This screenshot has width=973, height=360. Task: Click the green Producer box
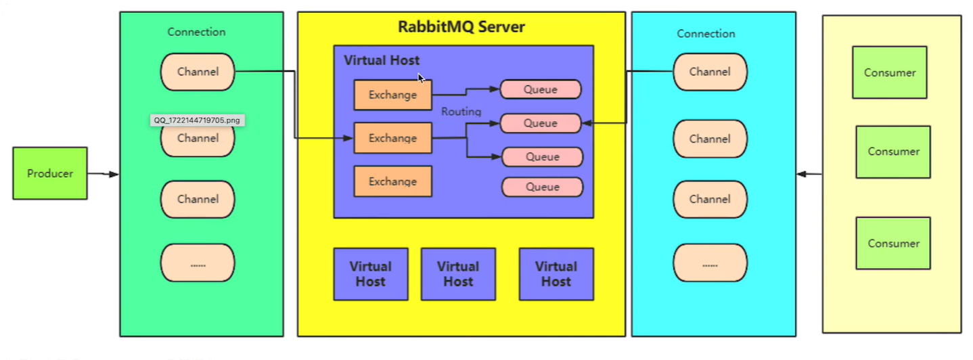click(50, 173)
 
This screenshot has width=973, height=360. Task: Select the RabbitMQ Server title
click(461, 28)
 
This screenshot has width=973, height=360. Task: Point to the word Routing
click(461, 112)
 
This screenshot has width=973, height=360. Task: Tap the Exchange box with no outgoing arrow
click(392, 181)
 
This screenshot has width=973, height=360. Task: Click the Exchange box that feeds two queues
click(392, 138)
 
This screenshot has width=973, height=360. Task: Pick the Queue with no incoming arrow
click(542, 187)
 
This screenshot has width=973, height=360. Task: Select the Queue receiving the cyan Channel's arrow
click(541, 123)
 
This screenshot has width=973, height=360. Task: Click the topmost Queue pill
click(541, 89)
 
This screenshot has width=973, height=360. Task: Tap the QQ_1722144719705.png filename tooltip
click(196, 120)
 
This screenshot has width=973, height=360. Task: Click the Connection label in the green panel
click(196, 32)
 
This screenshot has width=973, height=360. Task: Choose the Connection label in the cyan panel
click(706, 34)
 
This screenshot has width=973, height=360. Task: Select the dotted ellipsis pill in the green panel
click(198, 263)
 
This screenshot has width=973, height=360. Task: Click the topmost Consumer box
click(889, 72)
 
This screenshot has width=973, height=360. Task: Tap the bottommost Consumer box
click(893, 243)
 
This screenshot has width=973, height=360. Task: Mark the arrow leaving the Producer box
click(103, 175)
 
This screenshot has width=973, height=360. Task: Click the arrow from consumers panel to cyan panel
click(809, 175)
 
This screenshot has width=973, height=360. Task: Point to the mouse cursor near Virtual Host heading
click(421, 78)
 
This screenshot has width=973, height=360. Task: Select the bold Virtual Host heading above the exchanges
click(382, 60)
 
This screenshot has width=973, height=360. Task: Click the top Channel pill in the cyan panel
click(710, 72)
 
